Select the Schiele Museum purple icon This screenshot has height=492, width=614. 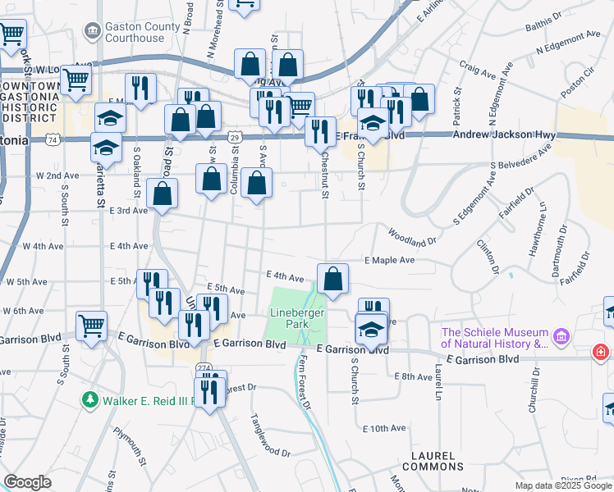click(x=561, y=337)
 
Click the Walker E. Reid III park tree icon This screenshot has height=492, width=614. click(x=91, y=400)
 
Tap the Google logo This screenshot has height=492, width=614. click(x=28, y=481)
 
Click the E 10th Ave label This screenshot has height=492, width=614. click(x=384, y=428)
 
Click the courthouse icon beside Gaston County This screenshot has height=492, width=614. click(x=92, y=32)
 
